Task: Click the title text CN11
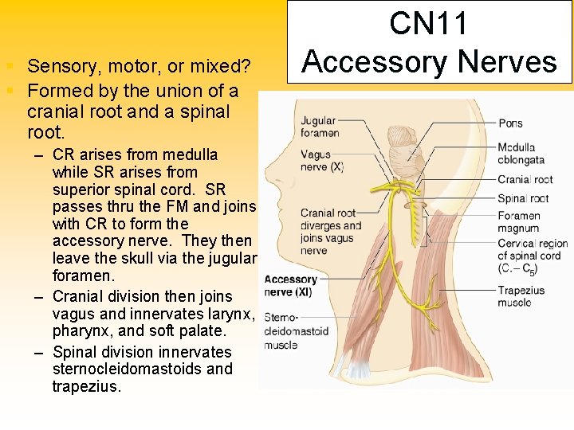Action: pos(430,24)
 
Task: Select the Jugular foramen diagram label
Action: pos(320,127)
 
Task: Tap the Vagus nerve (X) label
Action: pos(322,161)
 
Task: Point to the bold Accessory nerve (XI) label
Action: pos(291,286)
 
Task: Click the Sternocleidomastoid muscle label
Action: pos(292,330)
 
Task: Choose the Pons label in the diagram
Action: pos(510,123)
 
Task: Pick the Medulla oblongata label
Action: pos(516,154)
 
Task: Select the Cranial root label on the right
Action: pos(525,179)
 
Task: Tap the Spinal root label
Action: pos(523,198)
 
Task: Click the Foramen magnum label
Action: pos(519,222)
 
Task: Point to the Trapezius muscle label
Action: pos(521,296)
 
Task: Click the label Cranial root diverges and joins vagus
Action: pos(331,231)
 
